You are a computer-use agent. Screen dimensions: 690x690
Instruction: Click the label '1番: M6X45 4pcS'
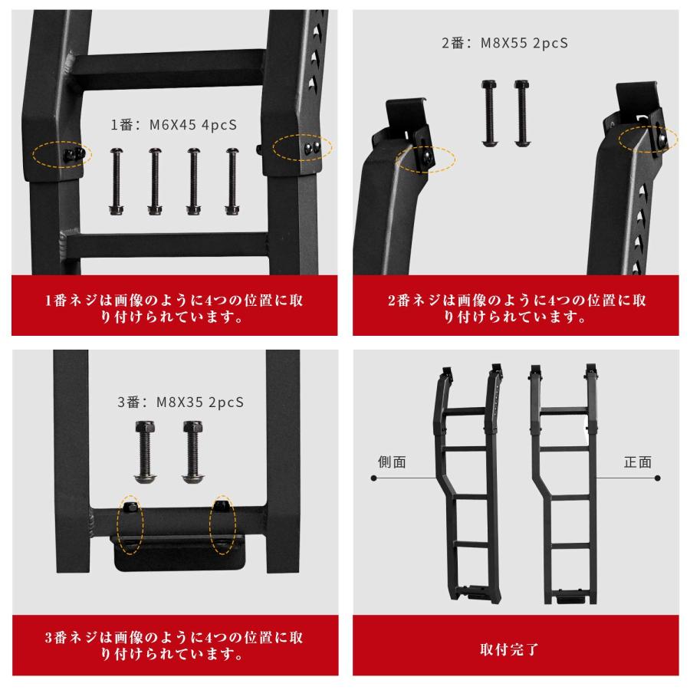pos(174,126)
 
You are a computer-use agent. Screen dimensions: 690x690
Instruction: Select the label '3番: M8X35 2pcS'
pos(180,402)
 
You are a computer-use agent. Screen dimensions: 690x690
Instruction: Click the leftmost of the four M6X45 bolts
pos(117,181)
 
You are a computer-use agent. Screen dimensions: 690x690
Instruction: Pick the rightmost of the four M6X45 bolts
pos(232,181)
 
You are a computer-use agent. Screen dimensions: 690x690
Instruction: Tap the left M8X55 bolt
pos(488,113)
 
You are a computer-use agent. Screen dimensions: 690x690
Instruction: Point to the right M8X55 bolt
pos(521,113)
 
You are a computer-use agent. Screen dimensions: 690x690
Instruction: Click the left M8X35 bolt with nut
pos(145,452)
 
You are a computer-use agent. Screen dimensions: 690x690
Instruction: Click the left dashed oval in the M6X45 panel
pos(62,154)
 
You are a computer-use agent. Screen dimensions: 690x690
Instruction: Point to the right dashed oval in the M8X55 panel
pos(649,140)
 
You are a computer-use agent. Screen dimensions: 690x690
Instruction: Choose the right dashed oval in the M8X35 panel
pos(223,524)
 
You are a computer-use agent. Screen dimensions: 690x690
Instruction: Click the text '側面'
pos(393,462)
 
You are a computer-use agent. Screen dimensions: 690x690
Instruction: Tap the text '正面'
pos(637,462)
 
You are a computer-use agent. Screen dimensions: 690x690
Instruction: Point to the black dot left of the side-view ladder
pos(374,478)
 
